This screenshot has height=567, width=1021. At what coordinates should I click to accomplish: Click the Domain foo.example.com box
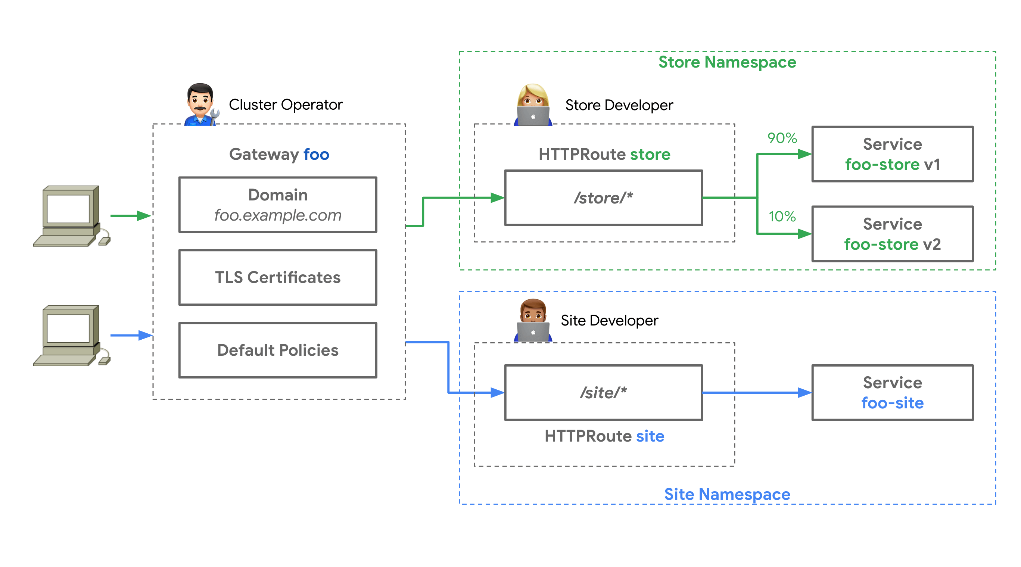click(277, 205)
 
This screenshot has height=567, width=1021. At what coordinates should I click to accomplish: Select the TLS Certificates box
click(277, 277)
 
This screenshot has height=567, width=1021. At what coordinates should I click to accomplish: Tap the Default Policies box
click(277, 350)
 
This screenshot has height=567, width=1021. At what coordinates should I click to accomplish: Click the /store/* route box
click(603, 198)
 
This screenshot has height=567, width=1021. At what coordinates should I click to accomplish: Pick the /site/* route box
click(603, 392)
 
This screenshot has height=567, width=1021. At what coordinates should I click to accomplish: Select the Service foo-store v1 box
click(892, 154)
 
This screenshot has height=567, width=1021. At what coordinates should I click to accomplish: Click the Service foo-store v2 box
click(892, 234)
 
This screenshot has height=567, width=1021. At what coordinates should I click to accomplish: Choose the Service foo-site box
click(892, 392)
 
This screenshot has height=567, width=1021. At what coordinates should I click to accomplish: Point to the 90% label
click(782, 138)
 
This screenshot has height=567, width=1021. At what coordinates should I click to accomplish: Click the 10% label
click(782, 216)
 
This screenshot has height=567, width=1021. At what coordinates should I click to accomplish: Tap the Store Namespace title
click(727, 62)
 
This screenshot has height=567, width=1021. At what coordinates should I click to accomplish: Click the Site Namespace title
click(727, 494)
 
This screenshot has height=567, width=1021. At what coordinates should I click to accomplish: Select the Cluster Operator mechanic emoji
click(201, 105)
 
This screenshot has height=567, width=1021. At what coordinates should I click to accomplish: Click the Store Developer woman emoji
click(533, 105)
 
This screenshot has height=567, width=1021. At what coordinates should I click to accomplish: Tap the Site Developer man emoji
click(533, 320)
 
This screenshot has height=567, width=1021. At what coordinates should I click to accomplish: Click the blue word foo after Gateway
click(316, 154)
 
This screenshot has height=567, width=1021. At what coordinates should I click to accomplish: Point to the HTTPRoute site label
click(604, 436)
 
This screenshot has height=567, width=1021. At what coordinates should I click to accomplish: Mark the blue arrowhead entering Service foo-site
click(804, 392)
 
